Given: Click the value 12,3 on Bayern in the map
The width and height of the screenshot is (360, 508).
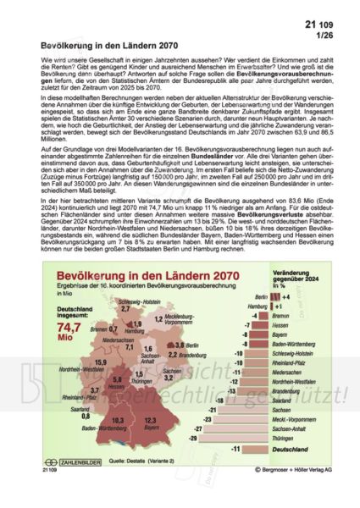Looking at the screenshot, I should pos(152,420).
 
